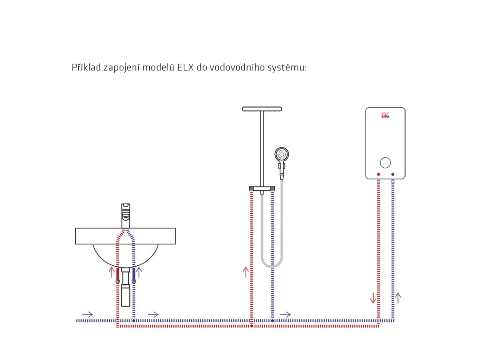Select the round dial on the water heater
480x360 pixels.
click(x=385, y=163)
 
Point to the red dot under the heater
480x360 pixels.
click(x=378, y=175)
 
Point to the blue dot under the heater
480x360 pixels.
click(x=392, y=175)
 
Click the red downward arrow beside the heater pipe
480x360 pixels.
click(x=373, y=297)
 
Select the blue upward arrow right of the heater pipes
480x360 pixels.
click(x=398, y=297)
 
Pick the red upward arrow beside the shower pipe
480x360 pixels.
click(x=246, y=272)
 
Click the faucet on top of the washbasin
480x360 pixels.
click(x=126, y=214)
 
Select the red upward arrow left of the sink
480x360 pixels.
click(x=112, y=273)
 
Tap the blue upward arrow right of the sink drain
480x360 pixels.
click(x=139, y=273)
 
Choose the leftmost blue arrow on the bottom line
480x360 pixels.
click(x=87, y=314)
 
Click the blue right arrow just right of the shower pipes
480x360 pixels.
click(x=285, y=314)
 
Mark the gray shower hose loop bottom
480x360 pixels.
click(x=272, y=265)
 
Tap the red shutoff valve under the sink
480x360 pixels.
click(x=117, y=281)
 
